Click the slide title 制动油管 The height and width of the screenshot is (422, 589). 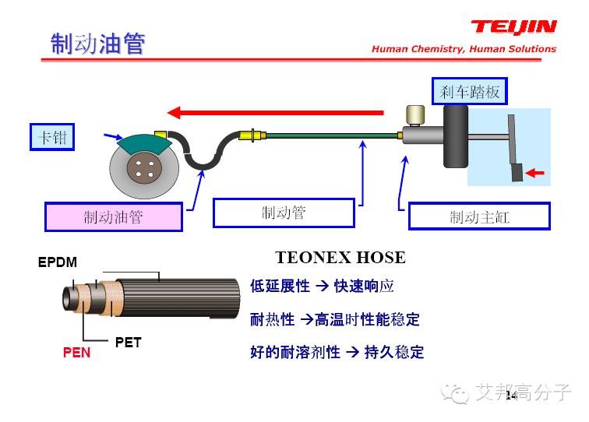[x=98, y=44]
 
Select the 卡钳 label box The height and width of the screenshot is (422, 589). [x=53, y=138]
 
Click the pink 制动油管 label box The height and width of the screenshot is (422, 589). [x=113, y=217]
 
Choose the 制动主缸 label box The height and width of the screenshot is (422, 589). [x=479, y=216]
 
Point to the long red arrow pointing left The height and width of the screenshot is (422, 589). [x=277, y=112]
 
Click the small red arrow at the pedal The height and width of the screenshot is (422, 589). [x=534, y=172]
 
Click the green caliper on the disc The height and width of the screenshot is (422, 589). [x=143, y=143]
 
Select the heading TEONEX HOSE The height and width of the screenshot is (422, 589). [x=340, y=258]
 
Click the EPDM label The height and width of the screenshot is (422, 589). [x=58, y=262]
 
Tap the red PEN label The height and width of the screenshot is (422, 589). [x=76, y=353]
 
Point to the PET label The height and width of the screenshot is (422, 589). [x=128, y=342]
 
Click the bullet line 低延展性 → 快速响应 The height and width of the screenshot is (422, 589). [x=322, y=287]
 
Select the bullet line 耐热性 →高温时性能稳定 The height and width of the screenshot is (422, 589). [x=334, y=319]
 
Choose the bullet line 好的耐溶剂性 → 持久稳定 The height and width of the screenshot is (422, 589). [x=337, y=352]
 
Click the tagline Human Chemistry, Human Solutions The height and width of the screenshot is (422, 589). [x=464, y=49]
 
